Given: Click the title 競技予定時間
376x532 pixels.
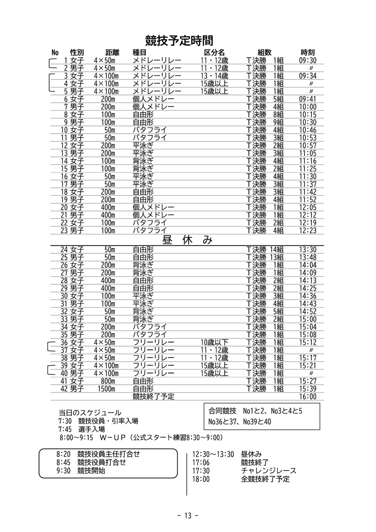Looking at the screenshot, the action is [179, 41].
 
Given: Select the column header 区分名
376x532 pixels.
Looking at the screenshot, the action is [214, 52].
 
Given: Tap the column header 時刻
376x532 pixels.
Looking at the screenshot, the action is [308, 52].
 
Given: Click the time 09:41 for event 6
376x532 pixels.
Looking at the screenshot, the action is [308, 99].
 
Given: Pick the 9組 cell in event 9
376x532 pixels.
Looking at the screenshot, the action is [278, 122].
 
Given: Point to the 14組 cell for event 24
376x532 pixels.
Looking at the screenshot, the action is [276, 250].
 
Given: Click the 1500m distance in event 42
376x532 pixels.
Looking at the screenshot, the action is [106, 389].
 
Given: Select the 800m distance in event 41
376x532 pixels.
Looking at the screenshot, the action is [108, 381].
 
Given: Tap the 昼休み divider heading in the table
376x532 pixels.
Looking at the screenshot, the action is [187, 240].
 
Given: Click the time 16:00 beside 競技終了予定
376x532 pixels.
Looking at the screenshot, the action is [308, 396].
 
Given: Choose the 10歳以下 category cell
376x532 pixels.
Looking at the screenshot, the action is [214, 342].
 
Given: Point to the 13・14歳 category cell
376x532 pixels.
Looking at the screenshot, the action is [214, 76].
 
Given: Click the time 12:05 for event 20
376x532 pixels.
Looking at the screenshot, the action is [308, 207].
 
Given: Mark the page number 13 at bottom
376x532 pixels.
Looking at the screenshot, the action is [188, 516].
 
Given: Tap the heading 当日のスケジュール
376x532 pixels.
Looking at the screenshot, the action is [90, 413].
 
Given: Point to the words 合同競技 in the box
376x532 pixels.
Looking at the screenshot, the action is [223, 411].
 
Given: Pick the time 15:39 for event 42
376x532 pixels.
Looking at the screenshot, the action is [308, 389].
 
